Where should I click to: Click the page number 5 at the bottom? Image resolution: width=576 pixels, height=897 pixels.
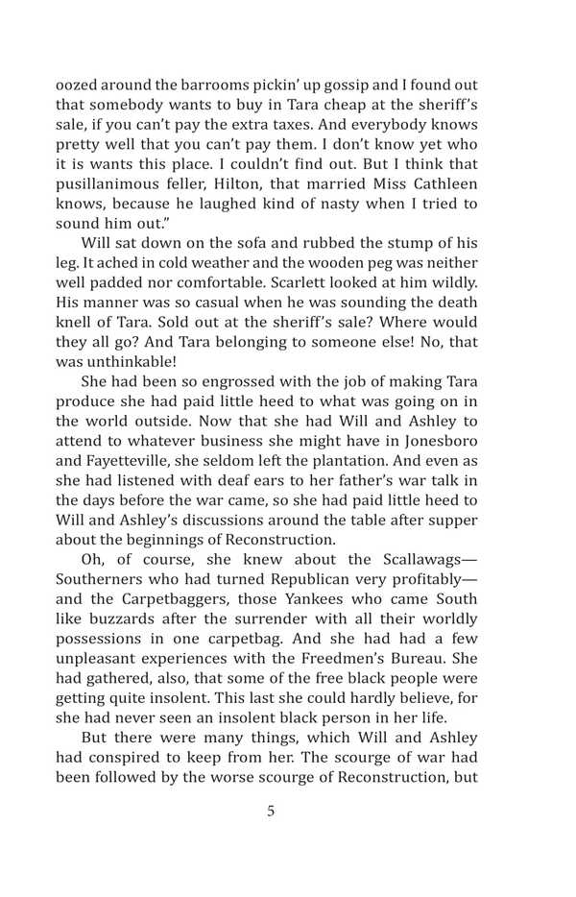coord(270,811)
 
